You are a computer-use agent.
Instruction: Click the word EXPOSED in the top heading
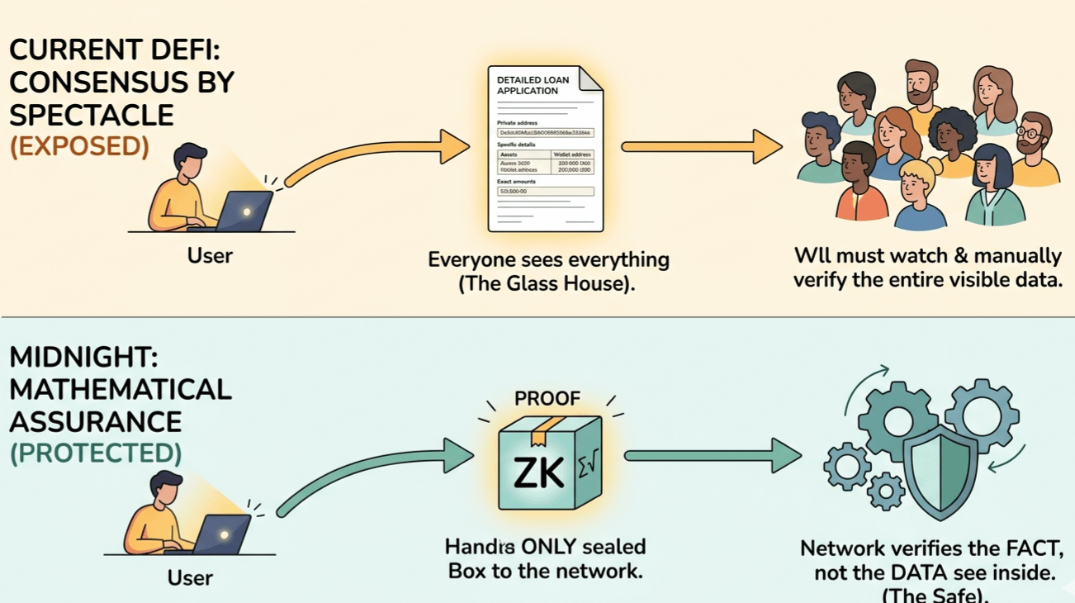click(x=79, y=146)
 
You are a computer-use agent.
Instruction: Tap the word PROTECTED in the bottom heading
click(x=95, y=453)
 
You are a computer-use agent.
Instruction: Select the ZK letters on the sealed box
click(x=538, y=472)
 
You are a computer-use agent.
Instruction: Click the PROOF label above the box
click(x=547, y=398)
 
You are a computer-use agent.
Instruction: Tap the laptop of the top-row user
click(x=245, y=211)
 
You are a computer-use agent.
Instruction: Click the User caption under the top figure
click(x=210, y=255)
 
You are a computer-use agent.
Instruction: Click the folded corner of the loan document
click(x=590, y=79)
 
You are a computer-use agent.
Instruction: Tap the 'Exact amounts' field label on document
click(x=517, y=182)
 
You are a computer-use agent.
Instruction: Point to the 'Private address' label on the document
click(x=518, y=122)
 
